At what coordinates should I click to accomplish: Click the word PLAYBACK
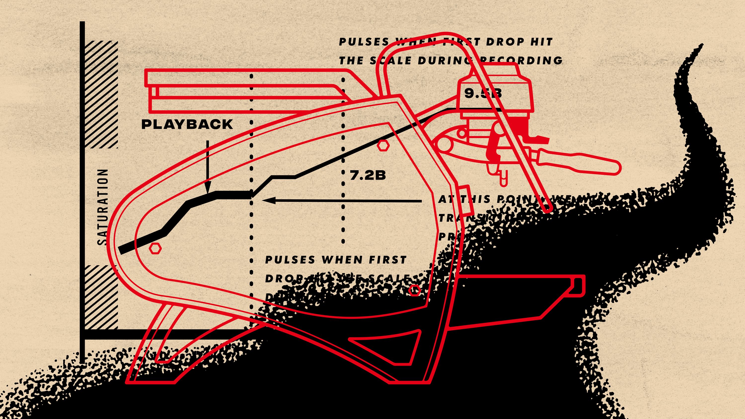pyautogui.click(x=187, y=124)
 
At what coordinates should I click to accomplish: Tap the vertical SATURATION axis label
pyautogui.click(x=103, y=207)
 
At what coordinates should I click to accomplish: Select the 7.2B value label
pyautogui.click(x=368, y=175)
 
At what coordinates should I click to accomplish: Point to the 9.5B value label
pyautogui.click(x=483, y=93)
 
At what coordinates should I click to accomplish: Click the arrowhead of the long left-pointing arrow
pyautogui.click(x=267, y=200)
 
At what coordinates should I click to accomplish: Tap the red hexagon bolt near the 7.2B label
pyautogui.click(x=383, y=146)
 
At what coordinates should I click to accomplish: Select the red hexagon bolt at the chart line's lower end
pyautogui.click(x=155, y=248)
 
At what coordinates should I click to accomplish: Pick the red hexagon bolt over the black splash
pyautogui.click(x=415, y=290)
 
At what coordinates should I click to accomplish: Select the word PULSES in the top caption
pyautogui.click(x=364, y=42)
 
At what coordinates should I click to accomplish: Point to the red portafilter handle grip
pyautogui.click(x=578, y=163)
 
